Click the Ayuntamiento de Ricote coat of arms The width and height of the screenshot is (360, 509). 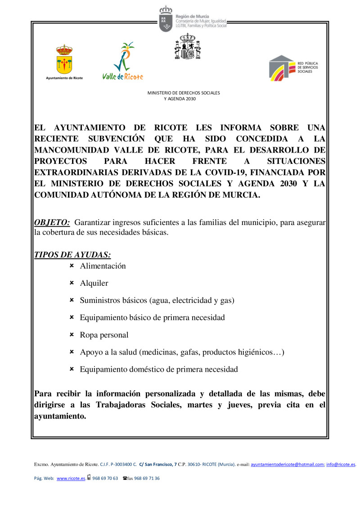[64, 59]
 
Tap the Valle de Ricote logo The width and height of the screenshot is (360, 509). [122, 61]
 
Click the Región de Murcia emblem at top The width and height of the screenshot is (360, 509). [166, 19]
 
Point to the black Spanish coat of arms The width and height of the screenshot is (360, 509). [187, 46]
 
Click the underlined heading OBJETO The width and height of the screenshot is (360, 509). [52, 222]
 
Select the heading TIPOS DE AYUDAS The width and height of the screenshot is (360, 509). [72, 255]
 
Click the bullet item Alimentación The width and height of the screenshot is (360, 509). [103, 266]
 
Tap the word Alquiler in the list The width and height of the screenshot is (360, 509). [94, 284]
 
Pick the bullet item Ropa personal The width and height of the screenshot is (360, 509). [104, 335]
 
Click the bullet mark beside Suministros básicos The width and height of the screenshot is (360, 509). [72, 300]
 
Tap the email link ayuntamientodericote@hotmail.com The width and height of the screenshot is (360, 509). [288, 464]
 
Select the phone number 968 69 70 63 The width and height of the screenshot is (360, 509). [105, 478]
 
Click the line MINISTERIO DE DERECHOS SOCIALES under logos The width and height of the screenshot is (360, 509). [184, 93]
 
